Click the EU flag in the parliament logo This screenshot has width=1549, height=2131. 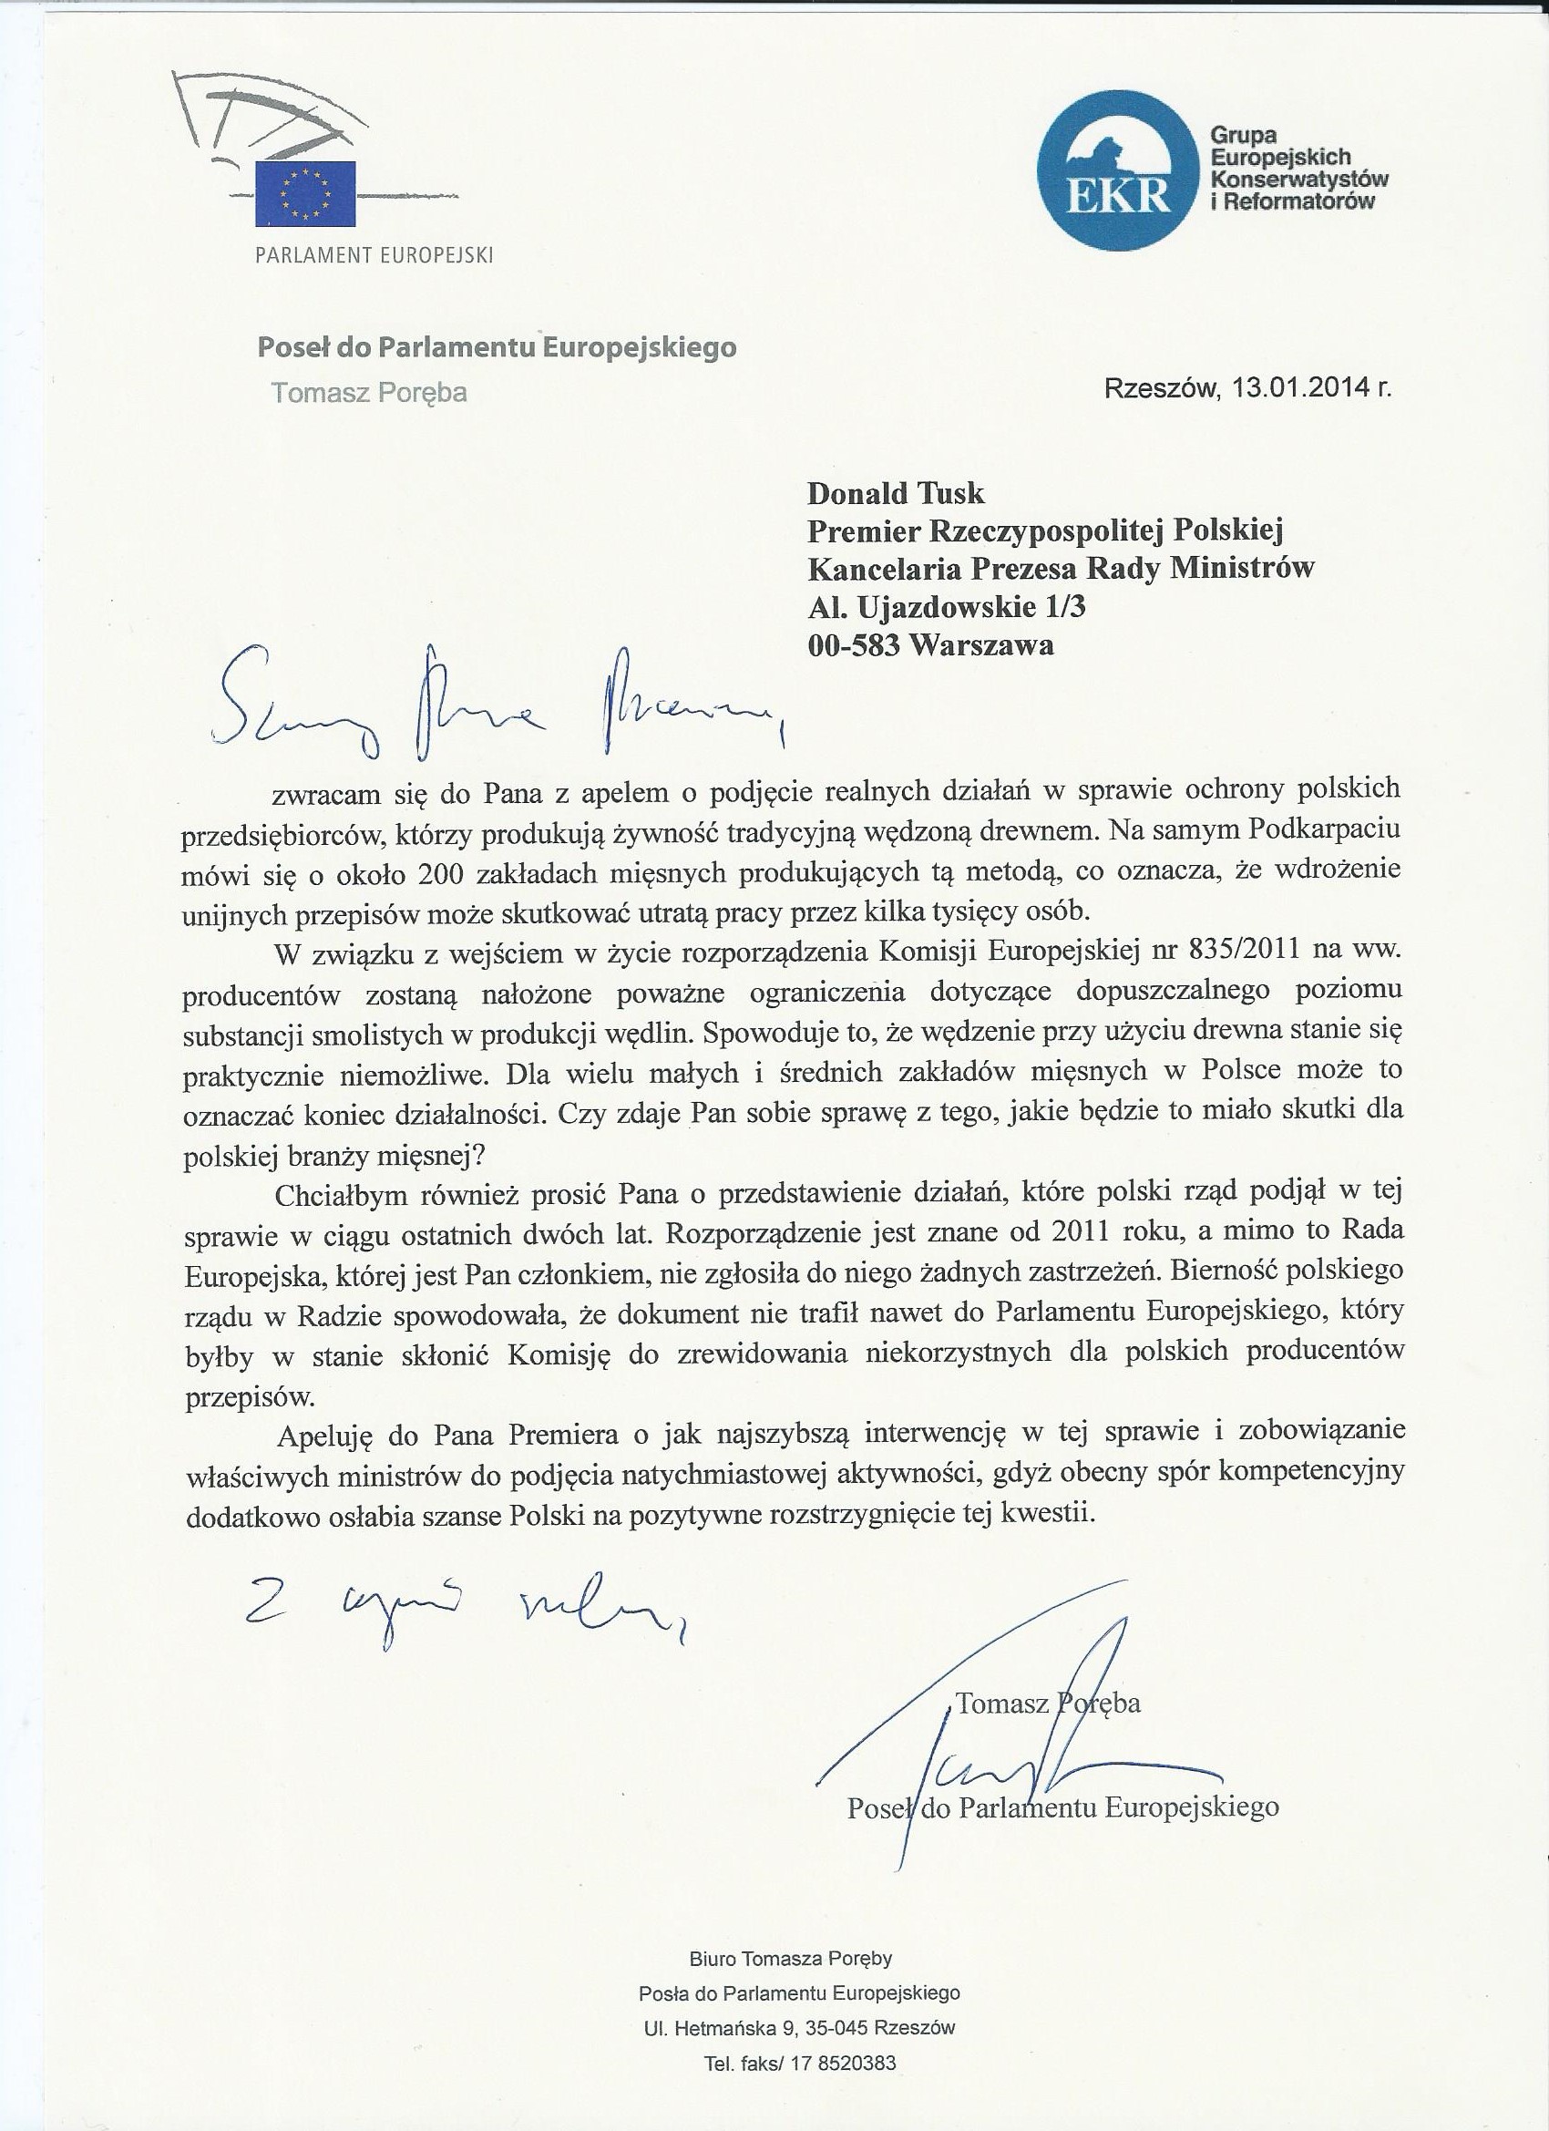click(305, 193)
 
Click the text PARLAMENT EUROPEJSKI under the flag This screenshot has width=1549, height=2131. click(374, 255)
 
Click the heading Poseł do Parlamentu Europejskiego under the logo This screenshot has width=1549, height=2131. click(497, 348)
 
